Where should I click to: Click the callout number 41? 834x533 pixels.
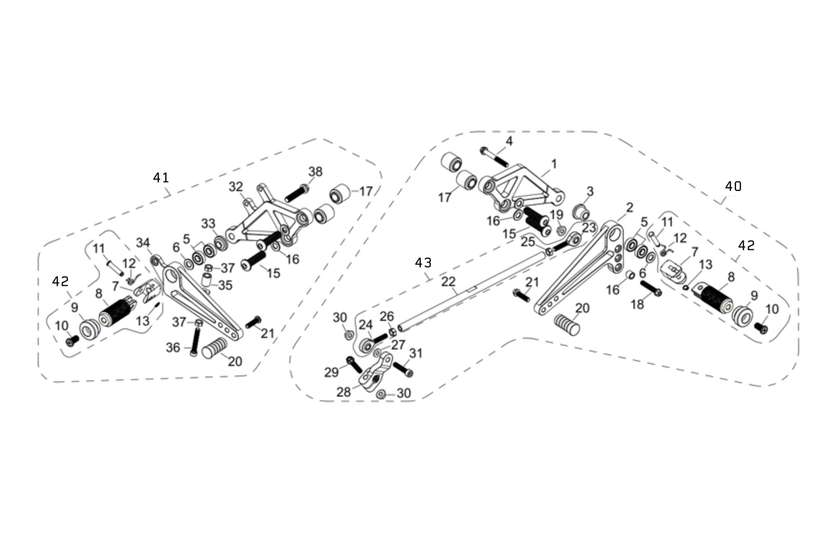(x=161, y=178)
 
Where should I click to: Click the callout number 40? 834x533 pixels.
(x=733, y=186)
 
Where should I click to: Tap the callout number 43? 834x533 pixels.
(x=423, y=263)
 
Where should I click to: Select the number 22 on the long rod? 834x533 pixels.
(x=448, y=282)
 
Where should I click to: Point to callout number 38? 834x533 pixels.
(x=315, y=172)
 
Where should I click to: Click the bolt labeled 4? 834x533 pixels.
(x=492, y=156)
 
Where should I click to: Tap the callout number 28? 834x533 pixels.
(x=343, y=392)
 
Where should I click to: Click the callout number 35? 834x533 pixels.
(x=225, y=285)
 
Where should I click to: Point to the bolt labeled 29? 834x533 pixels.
(x=354, y=364)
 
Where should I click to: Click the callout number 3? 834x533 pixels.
(x=589, y=191)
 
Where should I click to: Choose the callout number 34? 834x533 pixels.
(x=143, y=243)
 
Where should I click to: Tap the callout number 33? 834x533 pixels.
(x=208, y=224)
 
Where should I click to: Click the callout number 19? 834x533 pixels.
(x=556, y=214)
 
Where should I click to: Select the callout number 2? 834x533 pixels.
(x=629, y=207)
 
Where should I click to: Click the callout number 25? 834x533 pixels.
(x=528, y=241)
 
